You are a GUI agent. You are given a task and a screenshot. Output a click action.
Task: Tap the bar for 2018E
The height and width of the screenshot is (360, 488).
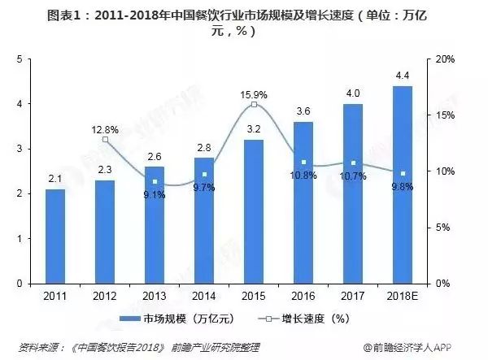403,184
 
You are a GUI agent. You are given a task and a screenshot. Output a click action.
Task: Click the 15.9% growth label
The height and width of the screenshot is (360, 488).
254,95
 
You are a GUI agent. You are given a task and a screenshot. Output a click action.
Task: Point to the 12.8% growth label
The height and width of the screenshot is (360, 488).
105,129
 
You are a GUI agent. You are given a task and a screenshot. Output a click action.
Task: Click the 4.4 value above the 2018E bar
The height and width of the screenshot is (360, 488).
403,76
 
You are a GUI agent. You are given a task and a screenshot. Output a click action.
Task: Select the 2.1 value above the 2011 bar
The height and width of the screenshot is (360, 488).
55,180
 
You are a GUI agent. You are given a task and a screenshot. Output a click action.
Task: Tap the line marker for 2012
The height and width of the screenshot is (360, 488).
105,140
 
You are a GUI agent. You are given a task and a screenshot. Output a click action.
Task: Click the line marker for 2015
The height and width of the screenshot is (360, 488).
254,105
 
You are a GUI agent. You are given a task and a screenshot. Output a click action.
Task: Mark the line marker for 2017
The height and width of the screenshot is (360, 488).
353,163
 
